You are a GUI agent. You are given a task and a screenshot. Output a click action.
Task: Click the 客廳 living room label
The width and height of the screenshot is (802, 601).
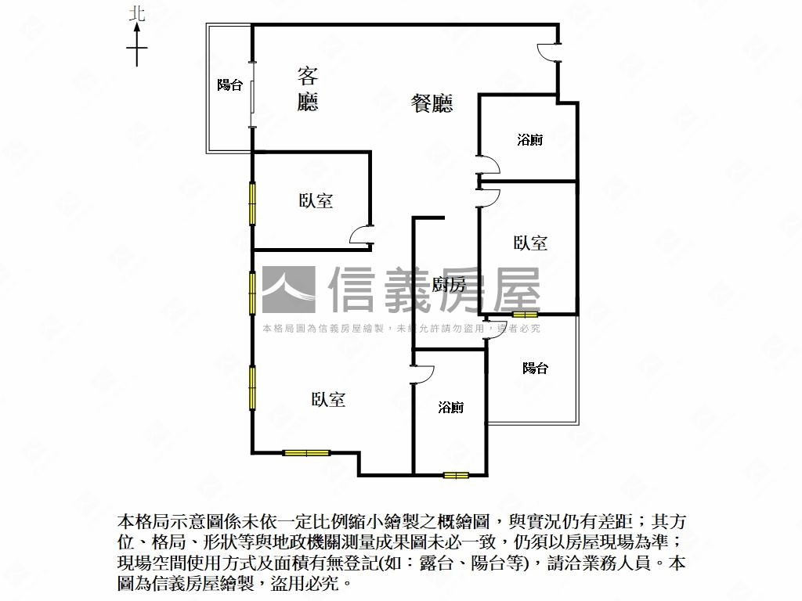[308, 88]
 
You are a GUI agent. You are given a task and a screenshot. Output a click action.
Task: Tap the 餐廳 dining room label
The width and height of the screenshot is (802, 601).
[432, 103]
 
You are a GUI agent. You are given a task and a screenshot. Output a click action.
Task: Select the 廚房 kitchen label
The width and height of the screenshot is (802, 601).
[449, 284]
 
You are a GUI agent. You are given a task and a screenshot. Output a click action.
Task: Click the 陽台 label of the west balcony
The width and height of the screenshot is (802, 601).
[229, 85]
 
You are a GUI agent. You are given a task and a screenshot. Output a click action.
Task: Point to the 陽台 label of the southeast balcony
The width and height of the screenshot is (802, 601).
[535, 368]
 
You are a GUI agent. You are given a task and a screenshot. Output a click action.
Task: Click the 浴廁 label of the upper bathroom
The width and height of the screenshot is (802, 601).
[530, 141]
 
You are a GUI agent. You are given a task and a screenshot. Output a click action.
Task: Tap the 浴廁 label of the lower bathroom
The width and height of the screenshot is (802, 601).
[450, 408]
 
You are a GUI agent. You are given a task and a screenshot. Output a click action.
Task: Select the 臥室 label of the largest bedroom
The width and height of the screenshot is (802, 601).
[328, 400]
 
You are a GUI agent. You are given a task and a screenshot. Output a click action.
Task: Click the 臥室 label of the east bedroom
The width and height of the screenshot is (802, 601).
[530, 243]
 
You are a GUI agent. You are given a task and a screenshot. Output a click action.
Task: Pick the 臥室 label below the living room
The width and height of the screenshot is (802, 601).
[316, 201]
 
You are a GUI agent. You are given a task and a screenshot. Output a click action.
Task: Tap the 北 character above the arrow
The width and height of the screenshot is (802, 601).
[137, 13]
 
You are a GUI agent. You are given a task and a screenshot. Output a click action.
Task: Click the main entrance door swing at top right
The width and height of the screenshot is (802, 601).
[547, 51]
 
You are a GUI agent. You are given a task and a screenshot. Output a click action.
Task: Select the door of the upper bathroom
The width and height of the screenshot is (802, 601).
[488, 166]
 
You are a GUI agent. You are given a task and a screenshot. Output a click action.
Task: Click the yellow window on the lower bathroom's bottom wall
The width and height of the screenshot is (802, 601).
[455, 474]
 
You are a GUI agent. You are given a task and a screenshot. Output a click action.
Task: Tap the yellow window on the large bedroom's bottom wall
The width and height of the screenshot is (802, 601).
[306, 452]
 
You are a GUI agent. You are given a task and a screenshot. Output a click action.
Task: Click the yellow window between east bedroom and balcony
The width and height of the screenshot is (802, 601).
[520, 315]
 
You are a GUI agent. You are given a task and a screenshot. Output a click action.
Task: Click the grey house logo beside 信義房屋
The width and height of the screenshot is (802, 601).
[288, 290]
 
